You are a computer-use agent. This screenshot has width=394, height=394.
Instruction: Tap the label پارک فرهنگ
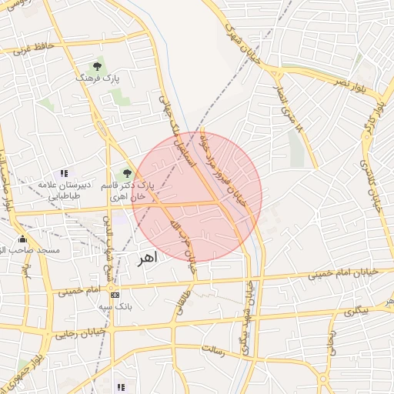click(98, 78)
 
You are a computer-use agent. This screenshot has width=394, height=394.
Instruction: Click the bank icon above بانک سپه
click(115, 295)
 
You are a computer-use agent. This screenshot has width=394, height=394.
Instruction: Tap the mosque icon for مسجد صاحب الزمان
click(22, 239)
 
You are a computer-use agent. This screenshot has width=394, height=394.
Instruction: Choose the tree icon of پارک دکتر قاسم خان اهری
click(128, 173)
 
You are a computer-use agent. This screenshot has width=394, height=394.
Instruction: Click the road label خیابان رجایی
click(74, 332)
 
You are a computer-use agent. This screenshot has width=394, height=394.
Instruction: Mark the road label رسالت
click(212, 350)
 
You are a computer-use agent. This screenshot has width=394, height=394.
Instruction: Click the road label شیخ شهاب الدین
click(108, 235)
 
